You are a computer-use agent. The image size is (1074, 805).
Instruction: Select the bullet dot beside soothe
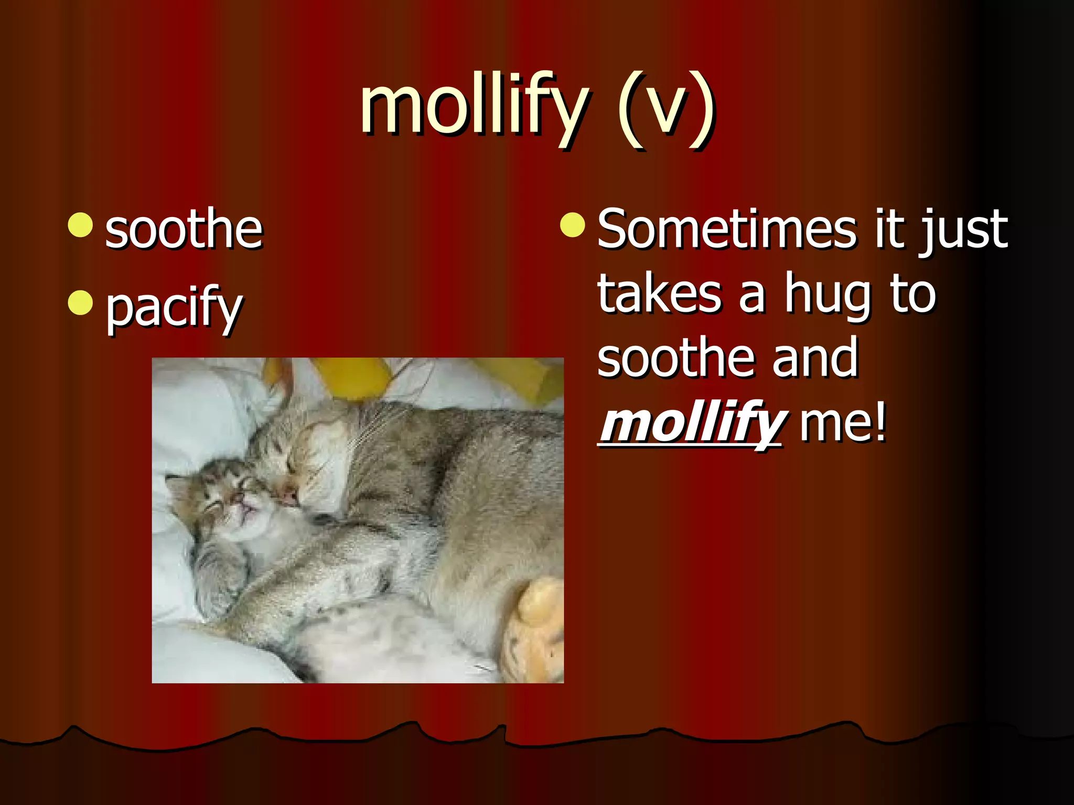80,225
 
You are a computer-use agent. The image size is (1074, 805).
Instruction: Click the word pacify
174,308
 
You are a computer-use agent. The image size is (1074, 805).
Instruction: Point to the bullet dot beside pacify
80,303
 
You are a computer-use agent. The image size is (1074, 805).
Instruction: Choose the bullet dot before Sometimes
572,225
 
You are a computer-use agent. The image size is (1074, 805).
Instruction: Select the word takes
659,295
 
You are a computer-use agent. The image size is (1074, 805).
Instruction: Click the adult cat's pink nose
289,496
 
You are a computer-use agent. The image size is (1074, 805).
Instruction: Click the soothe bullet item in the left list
184,230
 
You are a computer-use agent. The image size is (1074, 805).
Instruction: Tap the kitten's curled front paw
220,582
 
